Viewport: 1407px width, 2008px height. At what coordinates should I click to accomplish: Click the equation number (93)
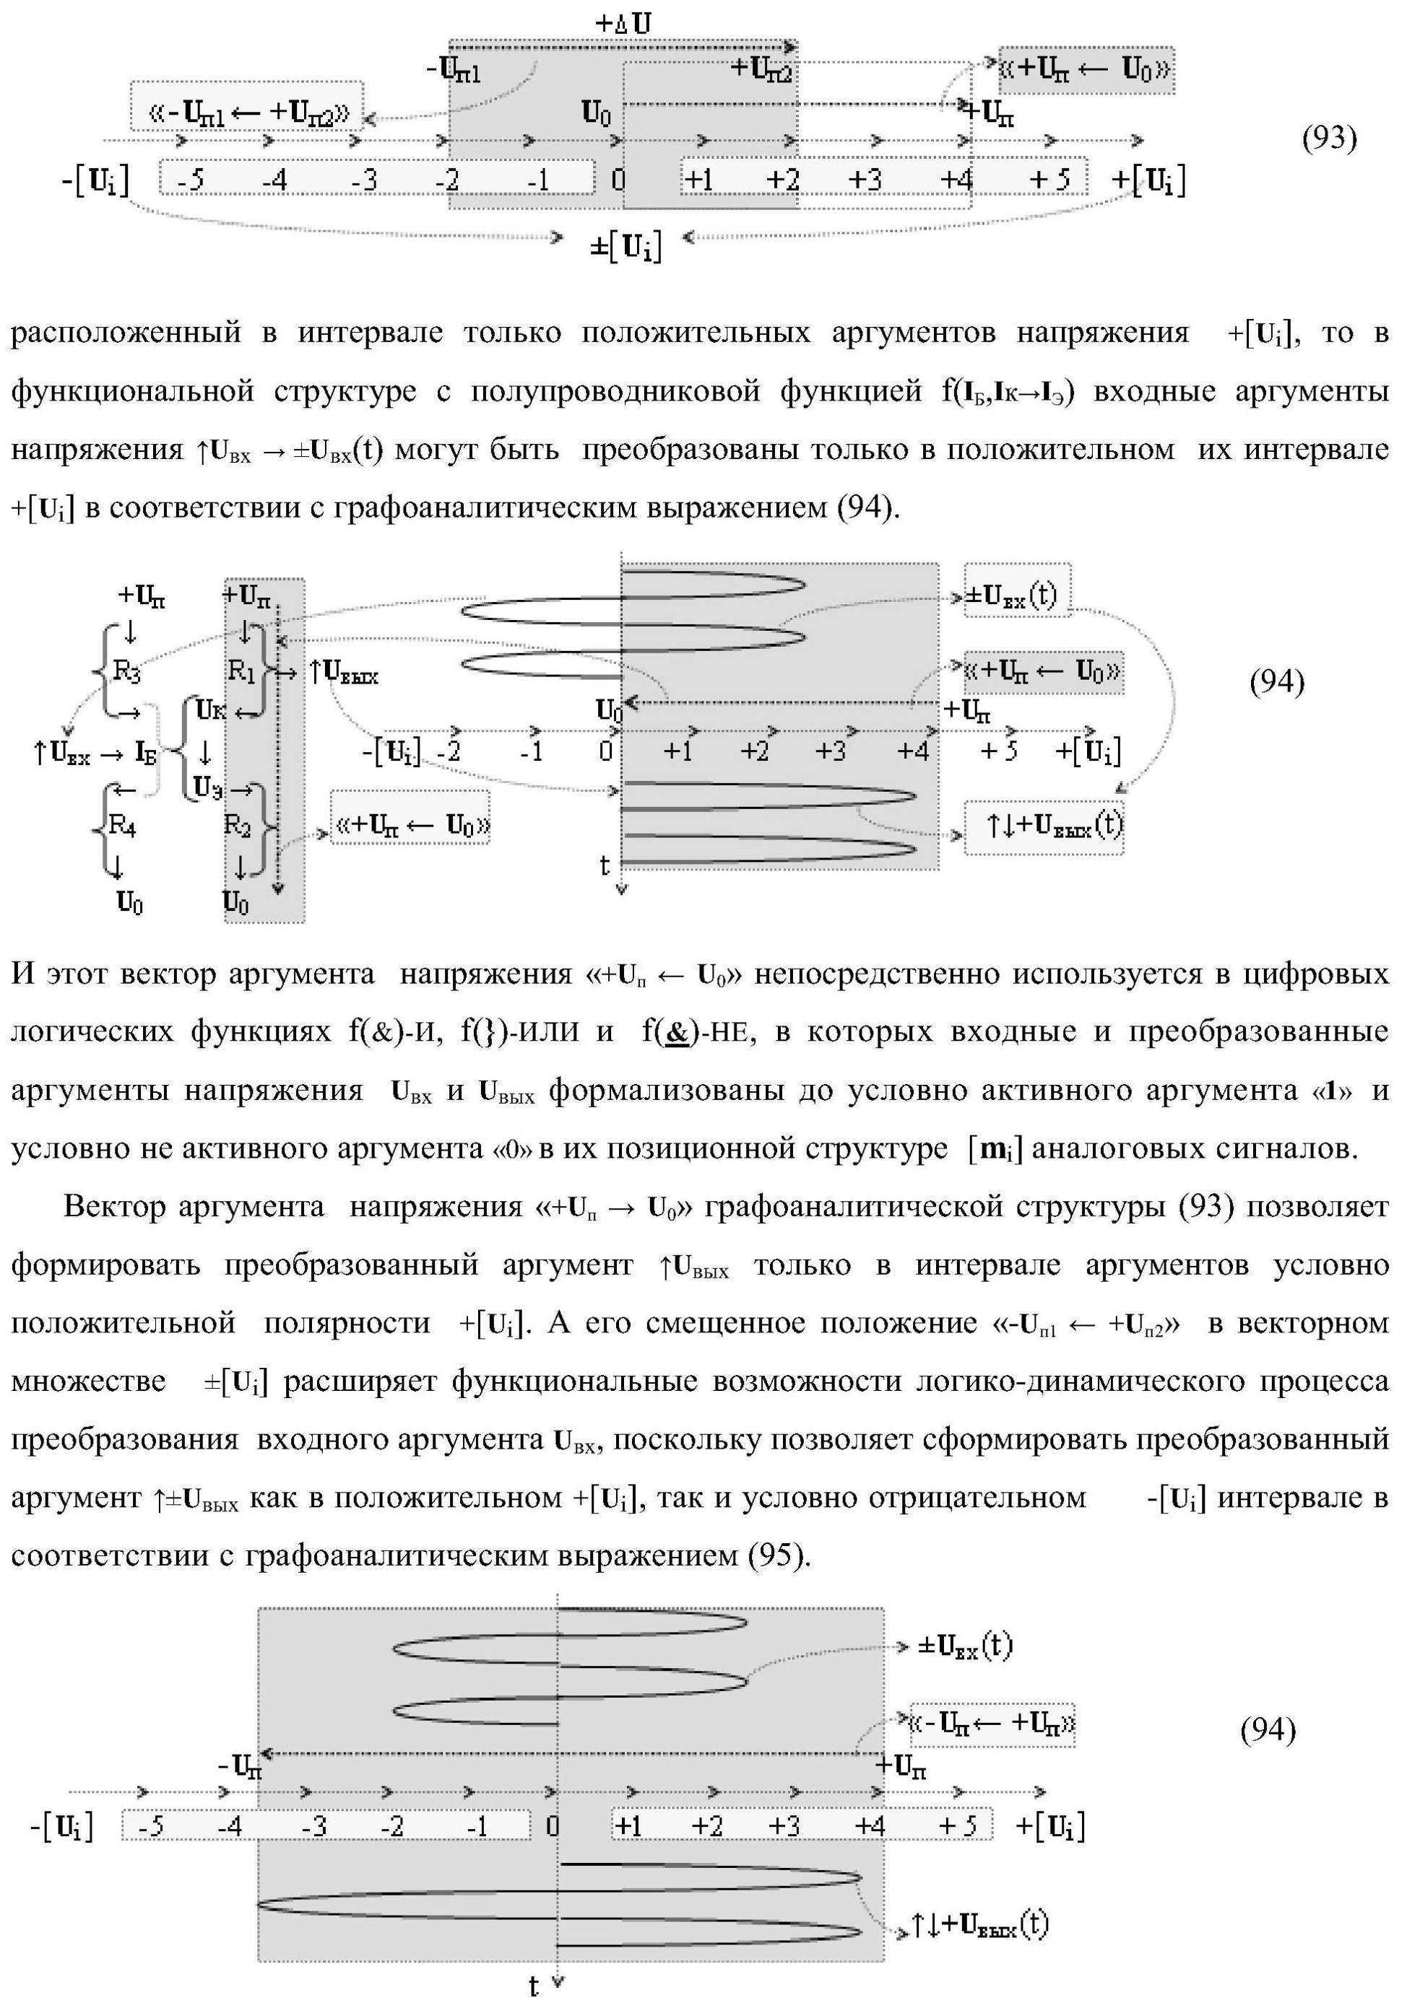coord(1330,138)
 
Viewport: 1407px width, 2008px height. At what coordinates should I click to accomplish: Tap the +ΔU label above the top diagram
coord(623,24)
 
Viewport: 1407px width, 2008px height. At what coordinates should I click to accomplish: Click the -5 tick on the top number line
coord(189,180)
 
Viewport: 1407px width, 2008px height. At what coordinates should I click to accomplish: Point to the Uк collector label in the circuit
coord(210,710)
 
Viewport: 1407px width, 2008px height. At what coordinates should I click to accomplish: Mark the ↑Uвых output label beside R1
coord(344,672)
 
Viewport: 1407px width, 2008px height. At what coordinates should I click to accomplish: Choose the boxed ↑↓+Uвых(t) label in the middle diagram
coord(1043,826)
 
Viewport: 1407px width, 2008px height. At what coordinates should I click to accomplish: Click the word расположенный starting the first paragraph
coord(125,333)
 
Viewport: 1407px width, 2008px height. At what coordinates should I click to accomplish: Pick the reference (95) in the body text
coord(774,1554)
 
